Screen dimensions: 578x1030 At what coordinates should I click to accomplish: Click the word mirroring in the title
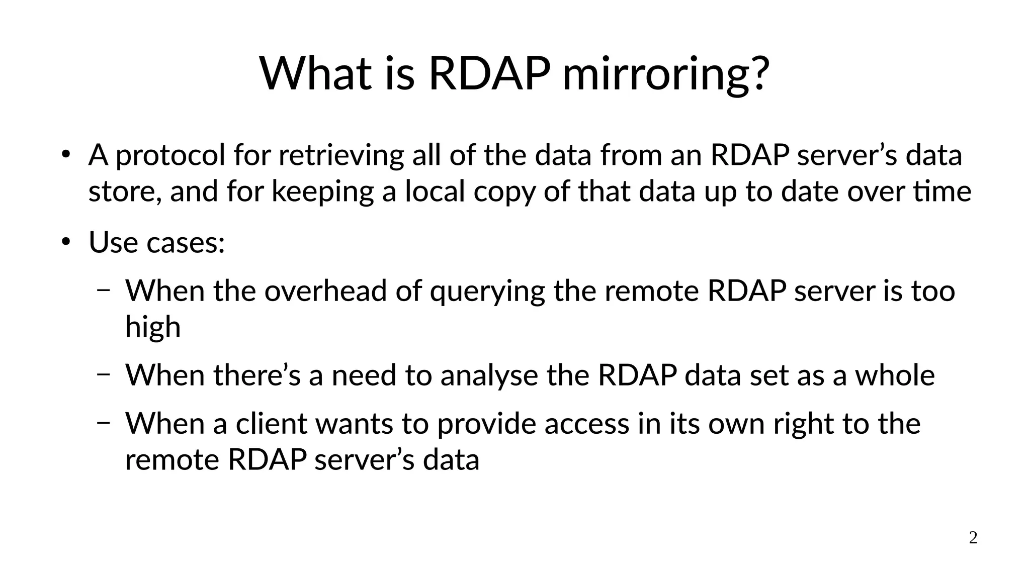coord(666,74)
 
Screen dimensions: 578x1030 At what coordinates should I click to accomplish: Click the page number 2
coord(973,538)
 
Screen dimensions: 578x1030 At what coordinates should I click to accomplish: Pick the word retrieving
coord(341,155)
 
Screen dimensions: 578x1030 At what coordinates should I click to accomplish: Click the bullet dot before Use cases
coord(65,242)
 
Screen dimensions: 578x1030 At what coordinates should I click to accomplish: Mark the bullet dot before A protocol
coord(65,155)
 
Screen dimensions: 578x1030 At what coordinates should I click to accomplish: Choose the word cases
coord(185,243)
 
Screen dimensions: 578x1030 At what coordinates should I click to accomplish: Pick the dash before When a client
coord(103,423)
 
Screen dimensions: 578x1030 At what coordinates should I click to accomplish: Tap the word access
coord(586,424)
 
